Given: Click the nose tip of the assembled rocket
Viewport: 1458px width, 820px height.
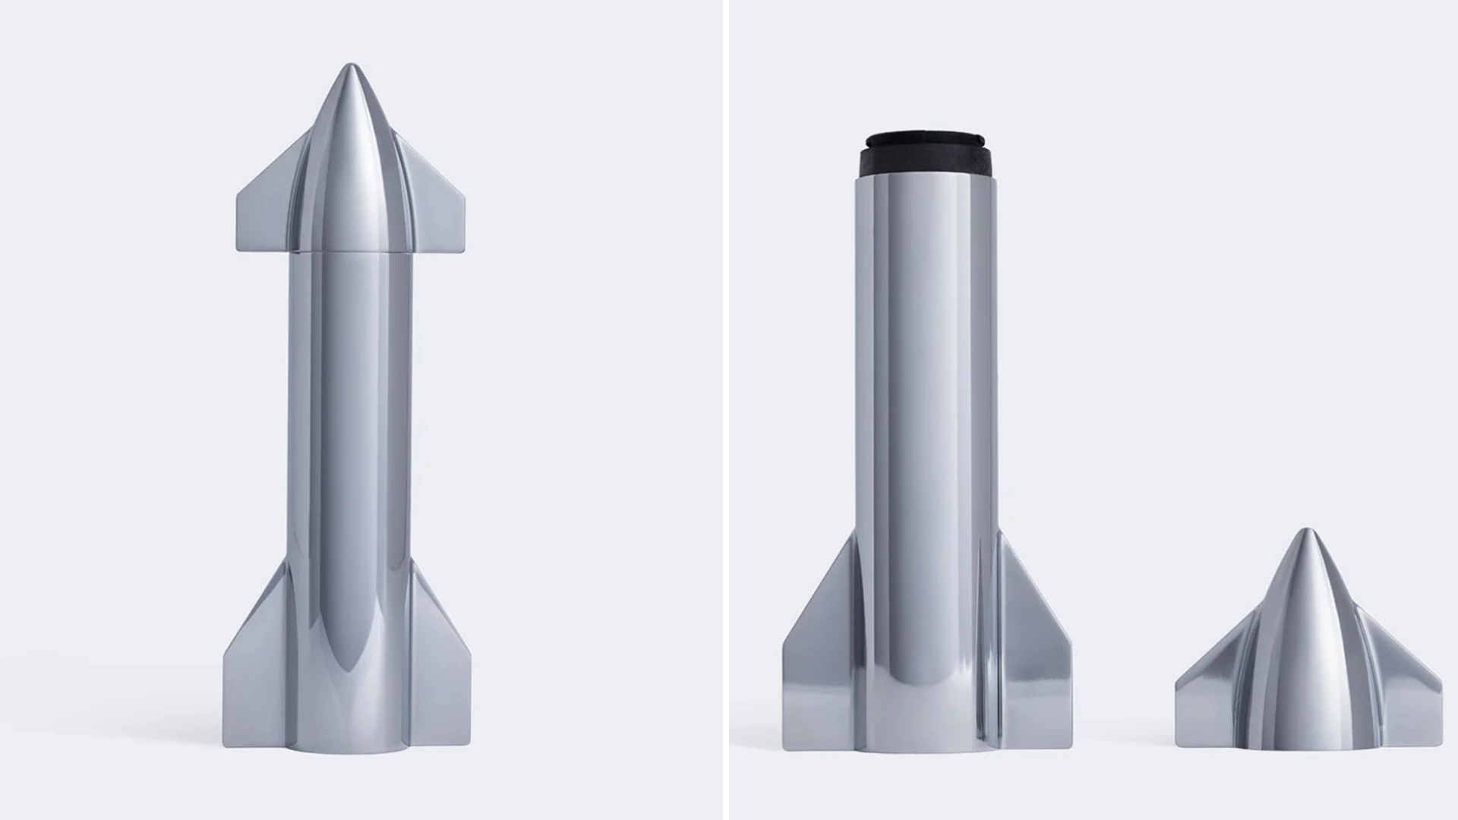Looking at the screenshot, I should click(350, 68).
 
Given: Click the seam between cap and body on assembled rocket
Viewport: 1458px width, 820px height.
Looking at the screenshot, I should click(350, 252).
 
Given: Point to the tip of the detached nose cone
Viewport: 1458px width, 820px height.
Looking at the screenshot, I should click(1306, 533).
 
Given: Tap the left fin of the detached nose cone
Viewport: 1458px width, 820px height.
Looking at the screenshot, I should click(1207, 699).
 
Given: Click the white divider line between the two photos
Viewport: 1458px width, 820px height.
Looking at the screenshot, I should click(725, 410).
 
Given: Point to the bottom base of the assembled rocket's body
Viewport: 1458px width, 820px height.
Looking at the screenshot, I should click(350, 748).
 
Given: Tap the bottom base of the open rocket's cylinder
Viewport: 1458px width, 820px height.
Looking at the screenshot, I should click(923, 748).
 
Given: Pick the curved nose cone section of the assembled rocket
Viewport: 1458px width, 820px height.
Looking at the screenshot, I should click(350, 152).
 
